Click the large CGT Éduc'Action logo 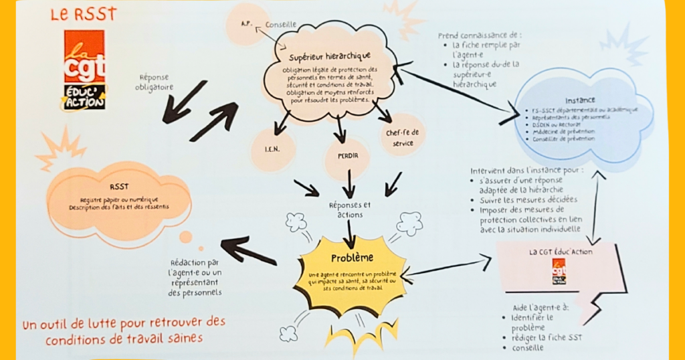[84, 70]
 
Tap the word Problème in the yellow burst [352, 258]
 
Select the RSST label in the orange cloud [120, 188]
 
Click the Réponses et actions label [349, 209]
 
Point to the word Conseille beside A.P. [281, 25]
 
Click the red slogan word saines [181, 339]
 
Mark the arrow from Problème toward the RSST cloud [248, 251]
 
